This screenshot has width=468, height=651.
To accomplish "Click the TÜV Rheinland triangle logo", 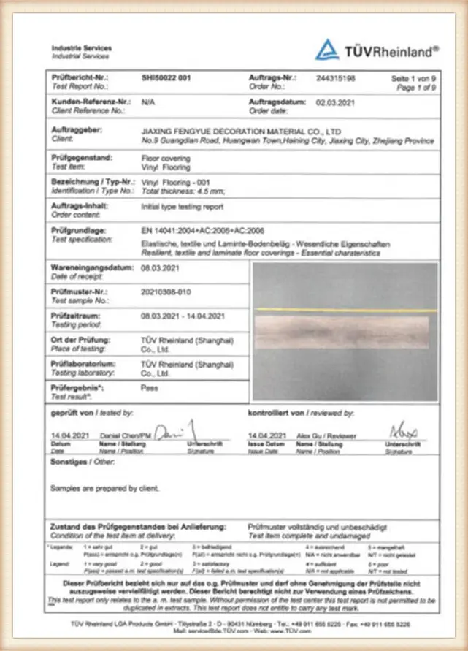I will click(327, 50).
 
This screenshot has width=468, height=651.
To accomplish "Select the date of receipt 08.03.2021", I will click(160, 269).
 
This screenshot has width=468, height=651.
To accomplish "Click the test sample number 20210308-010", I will click(165, 292).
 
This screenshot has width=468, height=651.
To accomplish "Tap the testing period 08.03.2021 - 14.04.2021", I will click(183, 316).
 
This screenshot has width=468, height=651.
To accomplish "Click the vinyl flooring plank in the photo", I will click(345, 331).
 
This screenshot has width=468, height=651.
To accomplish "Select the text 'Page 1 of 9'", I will click(415, 87).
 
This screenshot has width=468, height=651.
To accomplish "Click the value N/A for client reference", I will click(147, 103).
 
